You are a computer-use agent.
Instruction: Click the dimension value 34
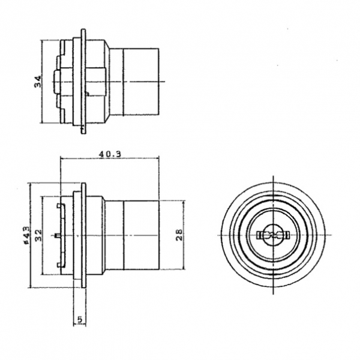click(x=38, y=82)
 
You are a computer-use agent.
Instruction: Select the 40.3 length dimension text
click(x=110, y=154)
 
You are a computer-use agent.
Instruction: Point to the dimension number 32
click(x=38, y=235)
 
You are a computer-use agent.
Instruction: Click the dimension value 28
click(x=179, y=235)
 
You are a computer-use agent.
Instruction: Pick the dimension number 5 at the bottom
click(x=80, y=319)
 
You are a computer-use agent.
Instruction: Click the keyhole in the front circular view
click(x=273, y=235)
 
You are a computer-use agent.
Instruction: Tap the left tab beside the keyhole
click(x=259, y=235)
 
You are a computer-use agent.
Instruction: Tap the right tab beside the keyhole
click(x=287, y=235)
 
